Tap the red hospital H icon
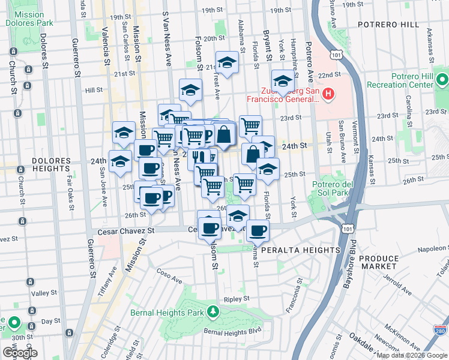pos(328,94)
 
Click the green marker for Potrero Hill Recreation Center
pos(442,80)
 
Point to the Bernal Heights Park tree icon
pos(212,312)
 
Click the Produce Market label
pos(379,262)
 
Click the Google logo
pos(20,353)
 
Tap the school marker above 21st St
pos(227,63)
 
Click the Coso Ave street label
pos(170,280)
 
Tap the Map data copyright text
pos(412,355)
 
